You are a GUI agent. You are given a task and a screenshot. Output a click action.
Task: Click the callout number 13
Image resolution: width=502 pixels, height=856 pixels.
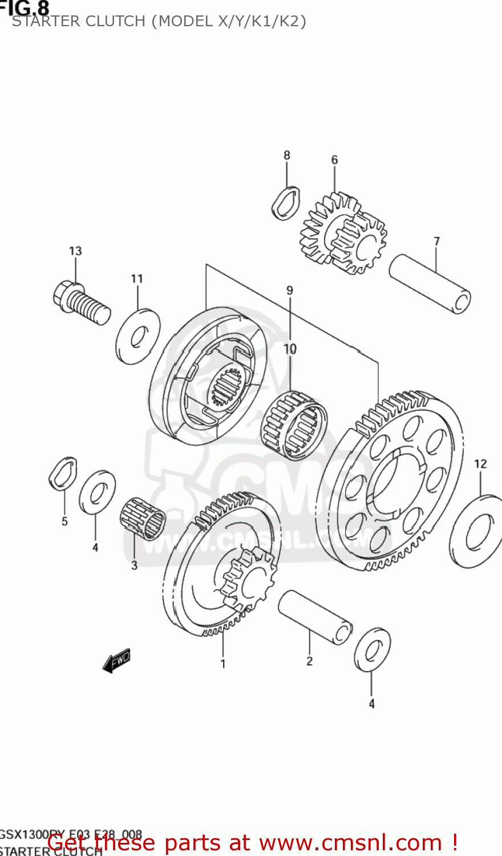(75, 251)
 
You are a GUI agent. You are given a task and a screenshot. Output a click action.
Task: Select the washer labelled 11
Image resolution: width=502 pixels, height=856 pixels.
(138, 337)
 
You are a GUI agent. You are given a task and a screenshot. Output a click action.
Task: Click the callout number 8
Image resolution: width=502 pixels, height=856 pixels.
(287, 155)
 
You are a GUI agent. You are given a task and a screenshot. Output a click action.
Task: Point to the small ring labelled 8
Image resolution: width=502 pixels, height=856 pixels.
(286, 203)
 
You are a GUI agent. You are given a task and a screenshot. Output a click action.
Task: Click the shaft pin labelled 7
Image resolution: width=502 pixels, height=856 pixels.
(430, 284)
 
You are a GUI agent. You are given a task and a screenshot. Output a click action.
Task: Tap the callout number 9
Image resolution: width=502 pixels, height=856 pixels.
(290, 290)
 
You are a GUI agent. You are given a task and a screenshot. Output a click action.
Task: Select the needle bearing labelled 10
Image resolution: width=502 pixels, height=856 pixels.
(294, 425)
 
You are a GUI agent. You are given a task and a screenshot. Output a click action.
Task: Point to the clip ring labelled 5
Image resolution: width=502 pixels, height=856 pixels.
(63, 474)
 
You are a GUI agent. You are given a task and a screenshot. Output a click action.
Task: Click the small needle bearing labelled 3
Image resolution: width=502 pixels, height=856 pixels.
(143, 518)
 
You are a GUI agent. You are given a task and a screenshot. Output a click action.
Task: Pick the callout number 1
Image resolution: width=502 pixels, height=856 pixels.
(223, 664)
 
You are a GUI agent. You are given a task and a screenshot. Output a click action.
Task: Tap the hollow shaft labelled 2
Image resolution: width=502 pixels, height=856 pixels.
(314, 617)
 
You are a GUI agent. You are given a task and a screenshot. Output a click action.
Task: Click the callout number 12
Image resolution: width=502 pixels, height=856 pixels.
(480, 464)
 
